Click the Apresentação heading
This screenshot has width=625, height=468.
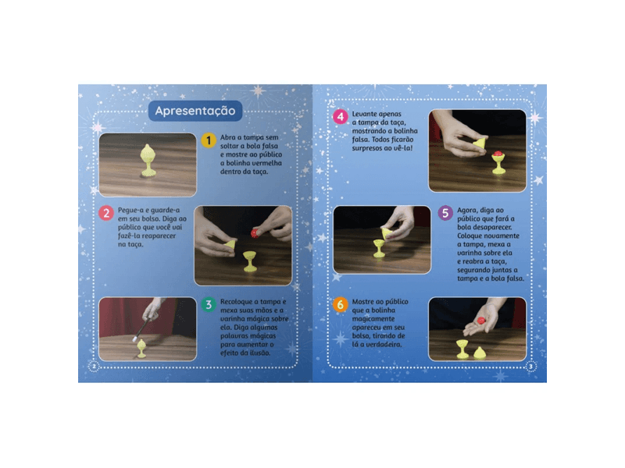click(x=195, y=111)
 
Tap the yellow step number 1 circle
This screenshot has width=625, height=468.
click(x=209, y=140)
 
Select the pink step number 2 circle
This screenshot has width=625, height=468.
click(x=106, y=213)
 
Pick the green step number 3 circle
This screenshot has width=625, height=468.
click(x=209, y=304)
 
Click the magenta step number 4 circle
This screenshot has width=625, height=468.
click(x=341, y=117)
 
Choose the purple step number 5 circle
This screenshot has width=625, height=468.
click(x=445, y=213)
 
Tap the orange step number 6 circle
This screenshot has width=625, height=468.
click(x=341, y=304)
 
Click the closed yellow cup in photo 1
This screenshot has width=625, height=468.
click(x=148, y=161)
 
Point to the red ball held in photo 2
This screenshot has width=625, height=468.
click(x=255, y=232)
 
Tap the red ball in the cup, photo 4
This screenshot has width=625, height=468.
click(x=498, y=154)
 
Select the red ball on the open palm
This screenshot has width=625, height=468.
click(x=481, y=321)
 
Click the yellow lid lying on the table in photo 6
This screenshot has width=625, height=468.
click(x=479, y=353)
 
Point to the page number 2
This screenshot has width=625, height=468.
click(x=94, y=366)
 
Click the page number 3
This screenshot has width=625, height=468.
click(x=530, y=366)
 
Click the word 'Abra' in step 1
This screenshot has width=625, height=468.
click(x=227, y=137)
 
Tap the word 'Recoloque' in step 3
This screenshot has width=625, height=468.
click(x=236, y=302)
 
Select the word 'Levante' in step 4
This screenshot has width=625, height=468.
click(x=364, y=114)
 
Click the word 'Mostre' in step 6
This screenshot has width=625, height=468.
click(x=362, y=302)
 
